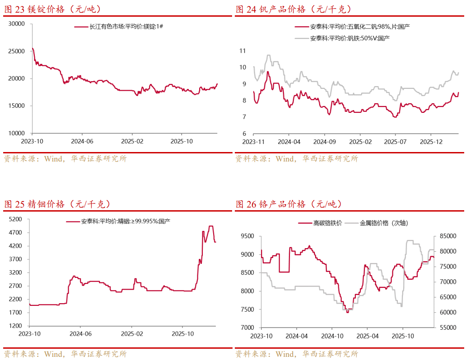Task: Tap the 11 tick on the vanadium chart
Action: click(242, 51)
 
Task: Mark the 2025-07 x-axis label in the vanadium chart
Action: click(395, 141)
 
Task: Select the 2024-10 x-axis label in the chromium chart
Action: click(333, 336)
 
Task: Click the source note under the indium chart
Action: click(65, 354)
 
